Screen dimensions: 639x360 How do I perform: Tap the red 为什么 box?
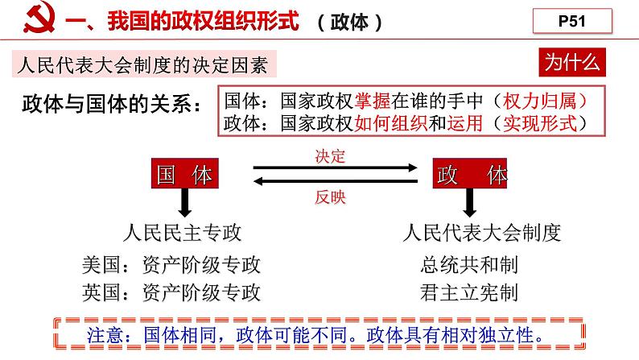pyautogui.click(x=571, y=62)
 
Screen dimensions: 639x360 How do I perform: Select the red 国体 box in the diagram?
pyautogui.click(x=186, y=175)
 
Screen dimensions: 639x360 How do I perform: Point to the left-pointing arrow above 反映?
pyautogui.click(x=336, y=183)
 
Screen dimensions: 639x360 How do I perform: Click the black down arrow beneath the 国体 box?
pyautogui.click(x=186, y=203)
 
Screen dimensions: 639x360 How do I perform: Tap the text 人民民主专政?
pyautogui.click(x=183, y=234)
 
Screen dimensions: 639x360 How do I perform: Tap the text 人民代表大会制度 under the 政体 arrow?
pyautogui.click(x=481, y=234)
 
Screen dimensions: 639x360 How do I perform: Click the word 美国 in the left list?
pyautogui.click(x=101, y=265)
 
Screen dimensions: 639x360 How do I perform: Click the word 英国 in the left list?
pyautogui.click(x=101, y=292)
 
